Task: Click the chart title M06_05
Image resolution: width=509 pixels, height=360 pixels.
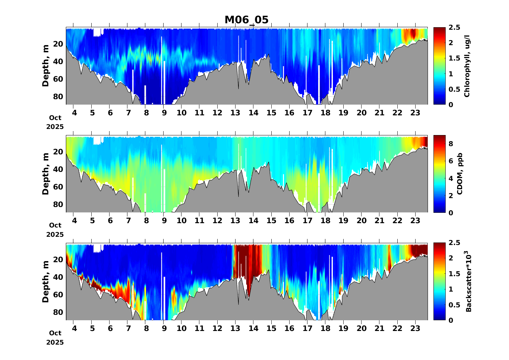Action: (x=246, y=20)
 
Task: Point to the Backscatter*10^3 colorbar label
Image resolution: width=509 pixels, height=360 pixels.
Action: (x=468, y=281)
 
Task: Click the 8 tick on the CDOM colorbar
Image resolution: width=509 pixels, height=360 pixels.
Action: (x=451, y=144)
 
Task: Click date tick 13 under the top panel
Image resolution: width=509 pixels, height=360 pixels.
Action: (x=235, y=113)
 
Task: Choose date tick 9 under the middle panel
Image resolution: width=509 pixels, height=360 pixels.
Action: (x=164, y=221)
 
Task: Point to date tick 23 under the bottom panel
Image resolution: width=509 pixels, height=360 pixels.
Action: (x=415, y=328)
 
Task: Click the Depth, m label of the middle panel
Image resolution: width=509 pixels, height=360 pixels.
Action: (x=45, y=174)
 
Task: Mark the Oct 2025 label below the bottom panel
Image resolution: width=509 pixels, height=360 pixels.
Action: (x=55, y=338)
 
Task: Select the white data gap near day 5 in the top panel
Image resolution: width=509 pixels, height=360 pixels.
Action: (x=97, y=32)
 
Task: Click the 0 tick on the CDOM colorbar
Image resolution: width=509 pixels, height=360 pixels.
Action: (x=451, y=213)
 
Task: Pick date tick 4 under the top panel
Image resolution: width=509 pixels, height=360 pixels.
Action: (x=74, y=113)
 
